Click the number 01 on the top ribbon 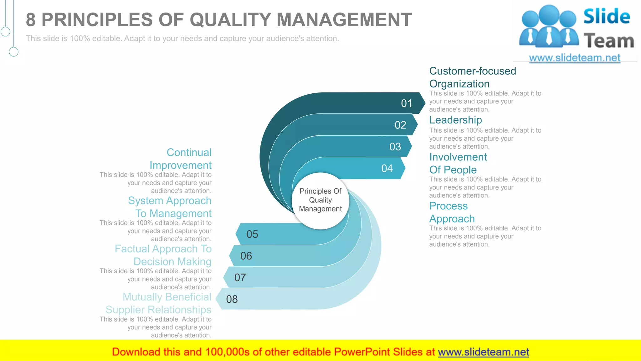(407, 103)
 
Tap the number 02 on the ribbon (400, 125)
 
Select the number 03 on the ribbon (395, 147)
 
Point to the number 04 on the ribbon (387, 169)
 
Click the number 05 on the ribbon (252, 234)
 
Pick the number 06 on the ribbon (246, 256)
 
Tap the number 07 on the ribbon (240, 278)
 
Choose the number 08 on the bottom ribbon (232, 299)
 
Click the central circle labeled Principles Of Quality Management (320, 200)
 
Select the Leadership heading (455, 120)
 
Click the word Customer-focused (472, 71)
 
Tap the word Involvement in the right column (458, 157)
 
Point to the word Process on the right (448, 206)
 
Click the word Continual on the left (189, 152)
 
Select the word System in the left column (145, 201)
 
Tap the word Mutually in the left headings (142, 297)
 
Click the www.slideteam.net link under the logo (574, 58)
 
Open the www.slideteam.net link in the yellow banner (483, 352)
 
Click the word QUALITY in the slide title (230, 20)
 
